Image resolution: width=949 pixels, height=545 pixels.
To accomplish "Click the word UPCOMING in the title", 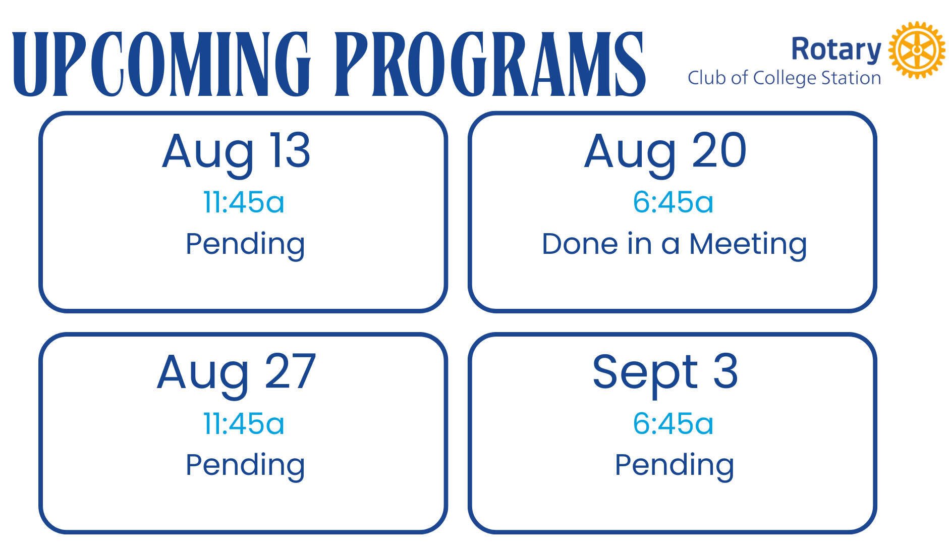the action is [161, 64].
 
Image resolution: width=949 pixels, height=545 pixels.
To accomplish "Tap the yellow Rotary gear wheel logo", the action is [917, 50].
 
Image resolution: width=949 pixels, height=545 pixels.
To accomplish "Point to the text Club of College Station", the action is [785, 78].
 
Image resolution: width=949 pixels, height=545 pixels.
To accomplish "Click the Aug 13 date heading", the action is [236, 152].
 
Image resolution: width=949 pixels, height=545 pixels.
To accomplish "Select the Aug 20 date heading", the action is [665, 152].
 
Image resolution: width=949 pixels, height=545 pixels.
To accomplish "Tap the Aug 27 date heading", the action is [237, 373].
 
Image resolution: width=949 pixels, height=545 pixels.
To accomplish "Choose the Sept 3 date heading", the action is [665, 373].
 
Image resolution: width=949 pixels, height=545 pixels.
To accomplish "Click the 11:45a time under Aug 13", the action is [244, 202].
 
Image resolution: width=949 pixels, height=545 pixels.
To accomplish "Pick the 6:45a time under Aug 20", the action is [673, 202].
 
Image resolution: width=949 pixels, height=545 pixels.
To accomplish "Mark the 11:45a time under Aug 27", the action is [244, 423].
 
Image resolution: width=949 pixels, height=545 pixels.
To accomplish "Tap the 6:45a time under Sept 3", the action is [673, 423].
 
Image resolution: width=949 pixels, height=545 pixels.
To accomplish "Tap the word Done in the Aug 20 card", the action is [580, 244].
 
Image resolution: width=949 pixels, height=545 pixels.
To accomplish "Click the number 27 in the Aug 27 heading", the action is [290, 371].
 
